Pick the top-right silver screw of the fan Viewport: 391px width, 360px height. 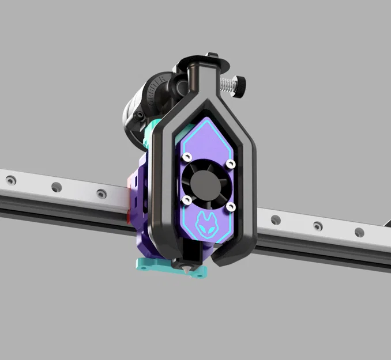(x=231, y=165)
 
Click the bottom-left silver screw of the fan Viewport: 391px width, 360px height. (x=186, y=199)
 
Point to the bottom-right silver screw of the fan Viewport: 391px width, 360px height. (x=230, y=206)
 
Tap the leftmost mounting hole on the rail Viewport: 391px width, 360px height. (x=10, y=180)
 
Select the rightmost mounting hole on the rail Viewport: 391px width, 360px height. (x=359, y=232)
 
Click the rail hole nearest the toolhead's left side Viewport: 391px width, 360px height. (x=101, y=193)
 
